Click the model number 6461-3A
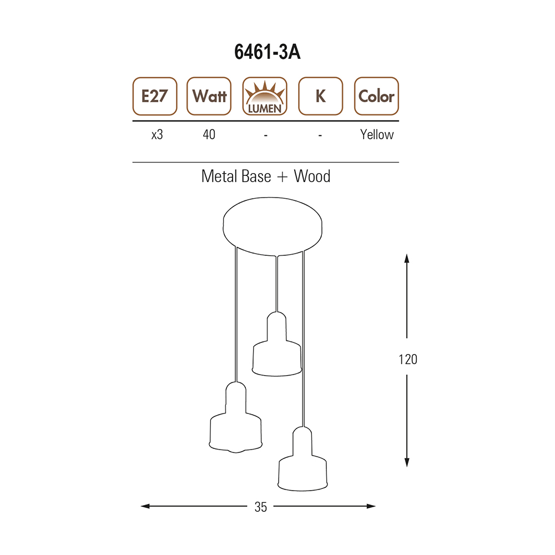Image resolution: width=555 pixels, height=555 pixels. [x=267, y=52]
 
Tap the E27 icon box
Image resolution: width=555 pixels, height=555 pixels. [x=154, y=96]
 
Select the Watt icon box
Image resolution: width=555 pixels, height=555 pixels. [x=209, y=96]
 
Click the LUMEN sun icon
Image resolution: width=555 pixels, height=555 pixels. [x=265, y=96]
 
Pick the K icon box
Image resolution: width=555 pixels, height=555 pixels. [x=320, y=96]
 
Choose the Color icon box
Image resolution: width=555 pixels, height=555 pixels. [x=376, y=96]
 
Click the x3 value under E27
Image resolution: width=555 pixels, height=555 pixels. [x=157, y=135]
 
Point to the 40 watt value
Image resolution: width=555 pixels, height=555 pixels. [x=209, y=135]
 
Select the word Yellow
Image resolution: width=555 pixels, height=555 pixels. [x=377, y=135]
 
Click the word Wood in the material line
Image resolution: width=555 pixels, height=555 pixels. [x=312, y=176]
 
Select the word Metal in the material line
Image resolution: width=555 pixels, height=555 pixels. [x=220, y=176]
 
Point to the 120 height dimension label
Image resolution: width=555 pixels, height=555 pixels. [x=408, y=360]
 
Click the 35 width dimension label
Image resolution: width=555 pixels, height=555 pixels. [x=261, y=507]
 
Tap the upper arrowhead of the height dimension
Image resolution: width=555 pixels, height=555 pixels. [x=407, y=258]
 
